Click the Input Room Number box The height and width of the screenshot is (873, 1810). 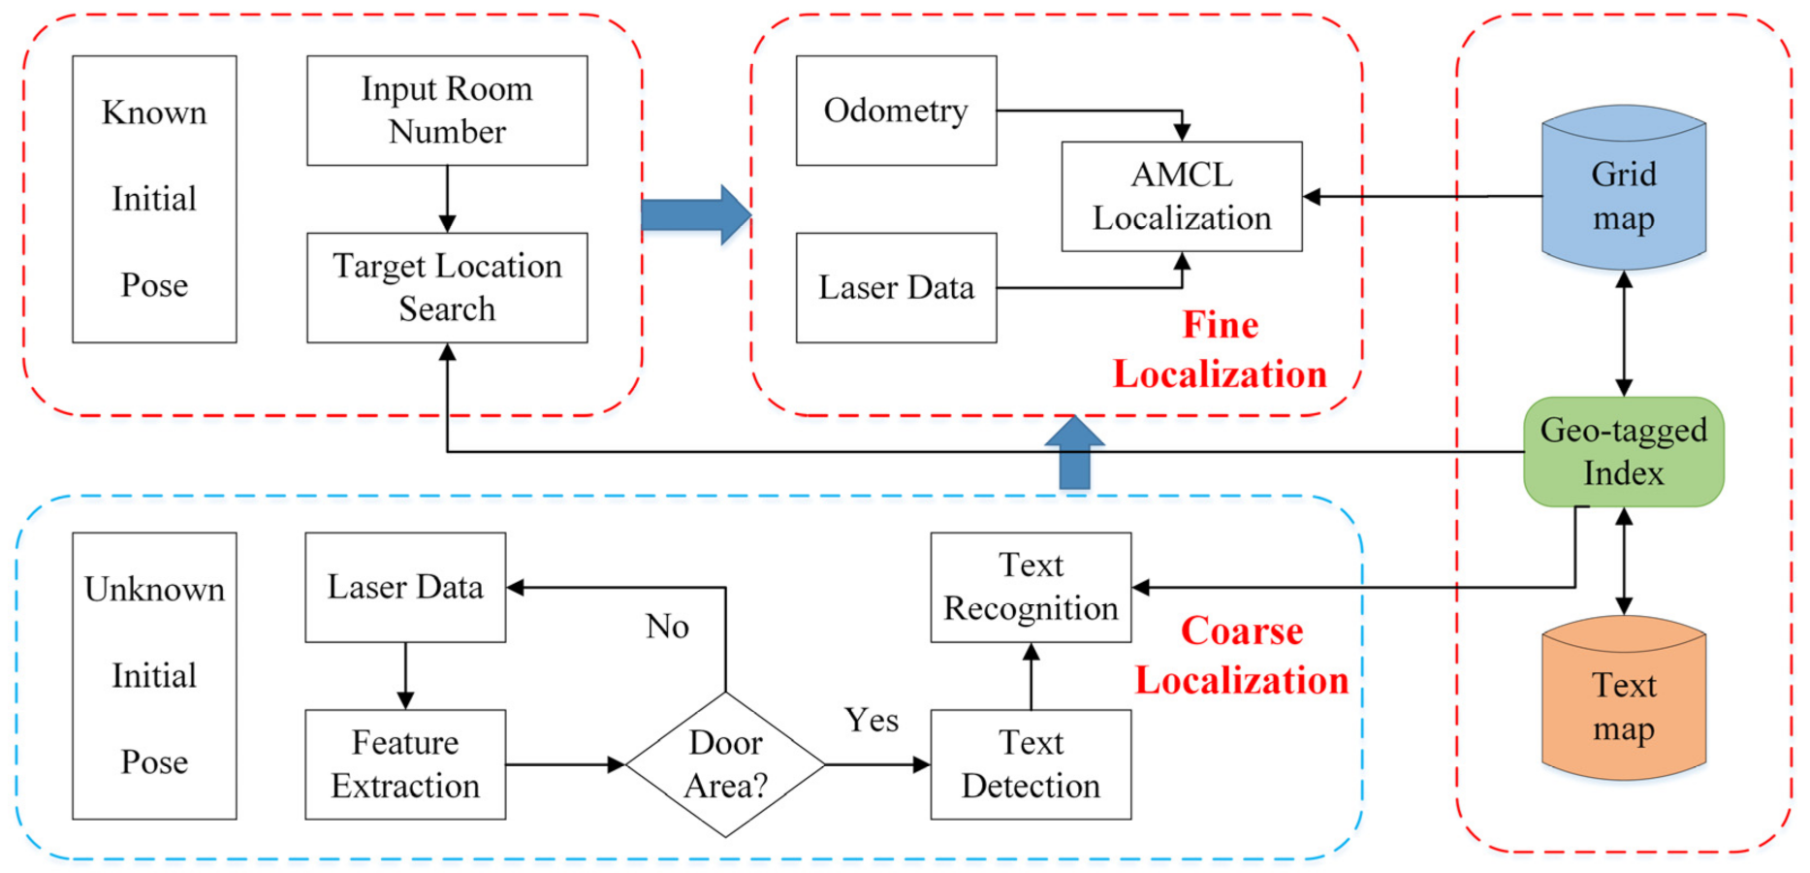click(x=447, y=111)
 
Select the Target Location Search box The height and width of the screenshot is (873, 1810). click(x=447, y=287)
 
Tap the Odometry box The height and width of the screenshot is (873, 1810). click(x=896, y=111)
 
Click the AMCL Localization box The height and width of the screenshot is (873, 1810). click(x=1181, y=197)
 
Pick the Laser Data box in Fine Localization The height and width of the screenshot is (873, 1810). click(x=896, y=287)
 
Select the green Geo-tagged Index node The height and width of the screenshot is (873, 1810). click(x=1623, y=452)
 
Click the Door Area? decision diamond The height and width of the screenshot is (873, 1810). click(x=725, y=764)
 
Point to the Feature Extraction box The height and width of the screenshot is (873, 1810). click(x=405, y=764)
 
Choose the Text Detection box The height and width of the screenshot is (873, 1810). click(x=1031, y=764)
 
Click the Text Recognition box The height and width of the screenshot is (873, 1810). click(x=1031, y=587)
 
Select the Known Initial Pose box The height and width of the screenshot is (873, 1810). click(x=154, y=199)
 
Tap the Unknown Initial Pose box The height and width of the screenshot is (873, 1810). click(x=154, y=675)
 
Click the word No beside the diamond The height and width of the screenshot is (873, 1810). click(x=667, y=627)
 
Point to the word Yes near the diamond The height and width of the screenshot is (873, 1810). click(x=871, y=721)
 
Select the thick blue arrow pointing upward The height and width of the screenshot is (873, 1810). click(x=1074, y=453)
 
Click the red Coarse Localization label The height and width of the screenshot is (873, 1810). click(x=1242, y=657)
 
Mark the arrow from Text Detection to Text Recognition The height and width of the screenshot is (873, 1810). click(x=1031, y=676)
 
